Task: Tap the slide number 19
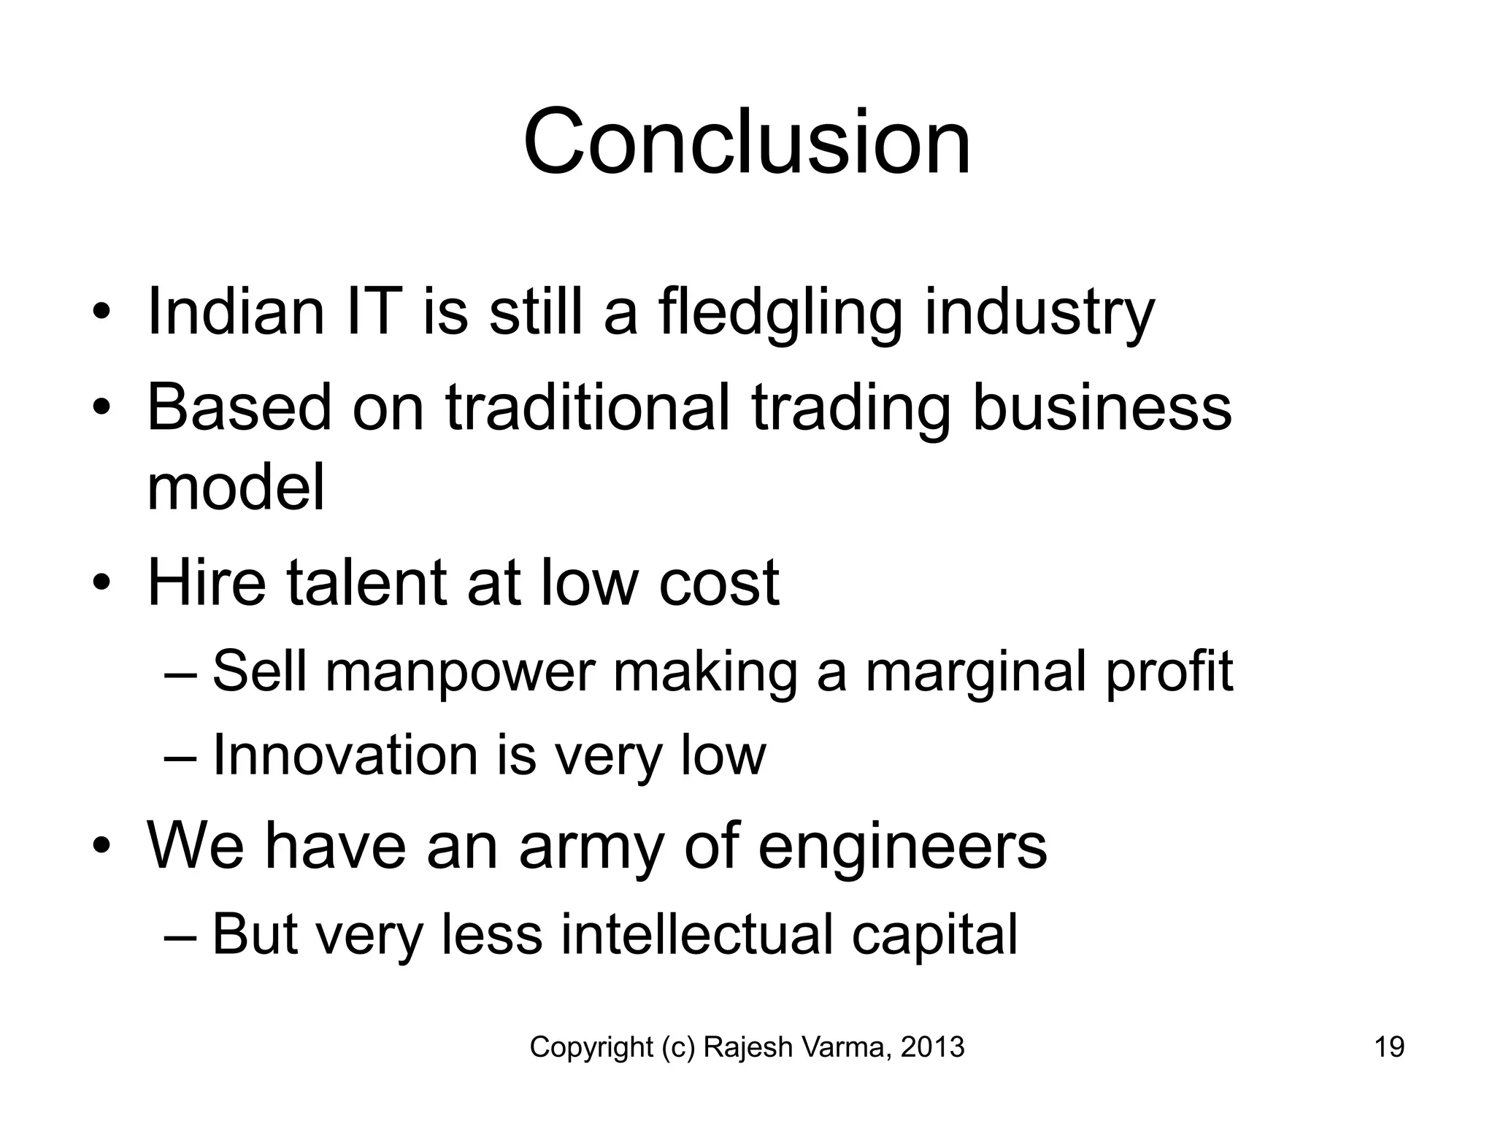point(1389,1047)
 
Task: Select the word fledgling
point(780,313)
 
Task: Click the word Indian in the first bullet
point(235,312)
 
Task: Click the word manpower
point(460,672)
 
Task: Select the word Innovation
point(345,755)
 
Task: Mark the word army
point(591,848)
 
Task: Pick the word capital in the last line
point(934,936)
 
